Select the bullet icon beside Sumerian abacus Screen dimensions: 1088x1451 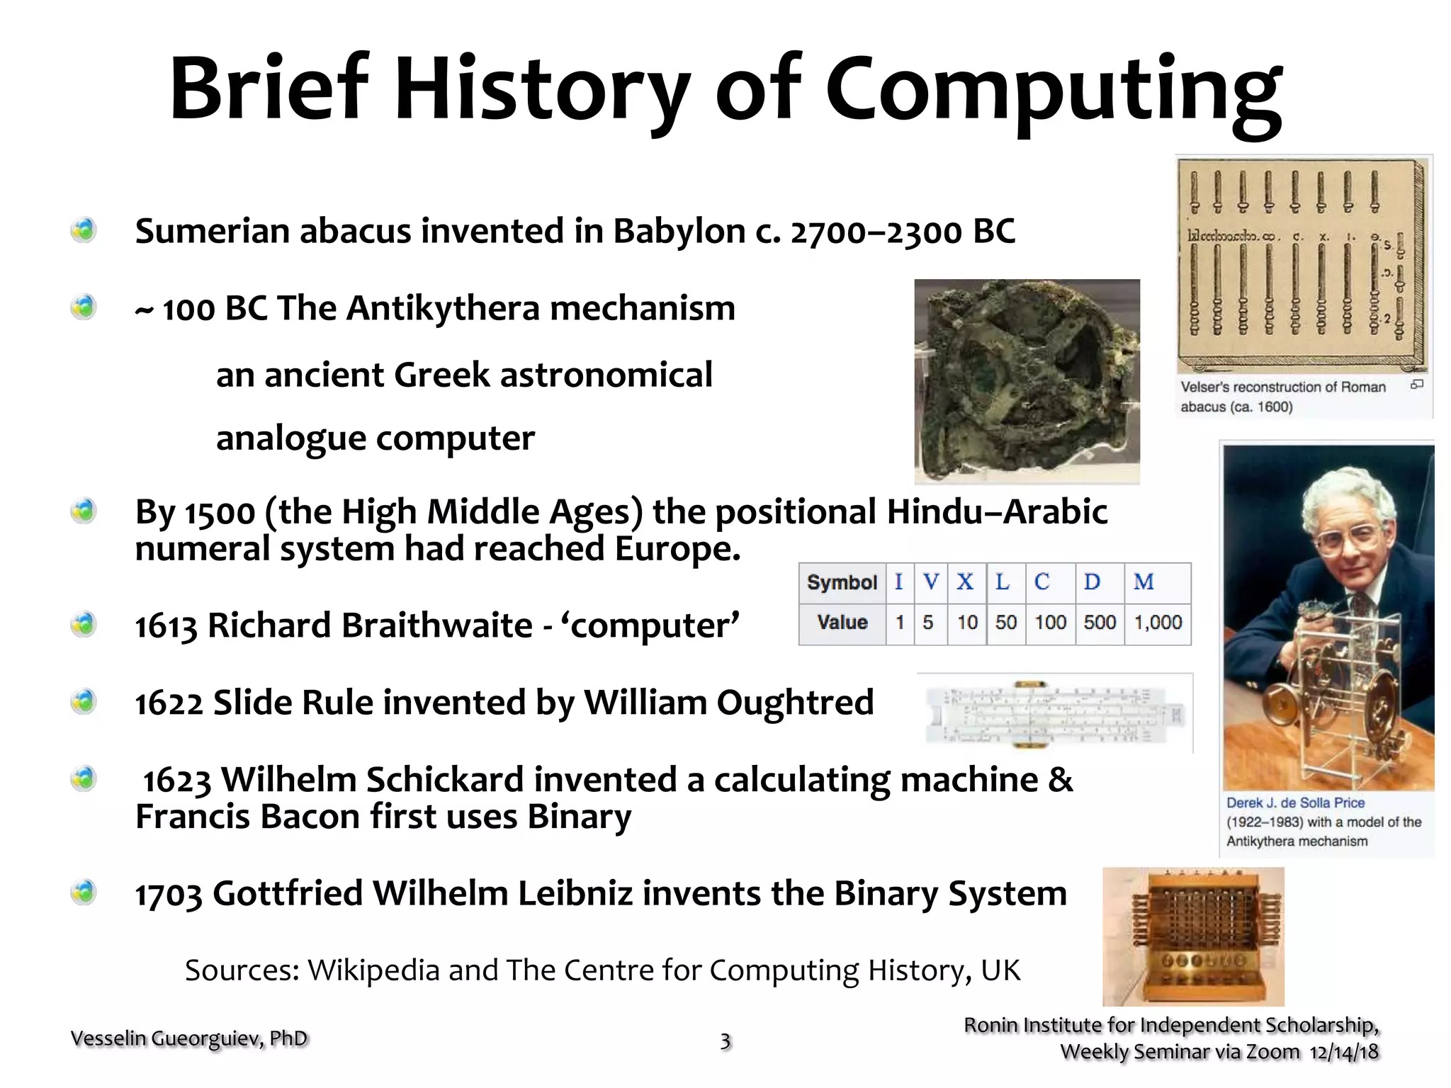84,230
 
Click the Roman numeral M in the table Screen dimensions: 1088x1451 1143,582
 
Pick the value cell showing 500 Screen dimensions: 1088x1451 1099,623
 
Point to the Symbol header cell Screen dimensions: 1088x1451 842,583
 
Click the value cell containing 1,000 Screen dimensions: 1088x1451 1158,623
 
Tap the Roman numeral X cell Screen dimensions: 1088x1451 965,582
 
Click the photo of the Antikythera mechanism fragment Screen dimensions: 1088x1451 1027,381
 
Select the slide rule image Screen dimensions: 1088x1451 1056,714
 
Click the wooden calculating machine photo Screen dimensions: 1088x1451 1193,936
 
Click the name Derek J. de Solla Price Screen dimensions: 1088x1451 1295,803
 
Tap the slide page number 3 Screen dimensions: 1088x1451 725,1041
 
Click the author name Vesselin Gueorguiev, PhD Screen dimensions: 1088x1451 189,1038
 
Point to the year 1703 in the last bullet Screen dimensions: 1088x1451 168,895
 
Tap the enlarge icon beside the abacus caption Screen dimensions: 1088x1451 1416,385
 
